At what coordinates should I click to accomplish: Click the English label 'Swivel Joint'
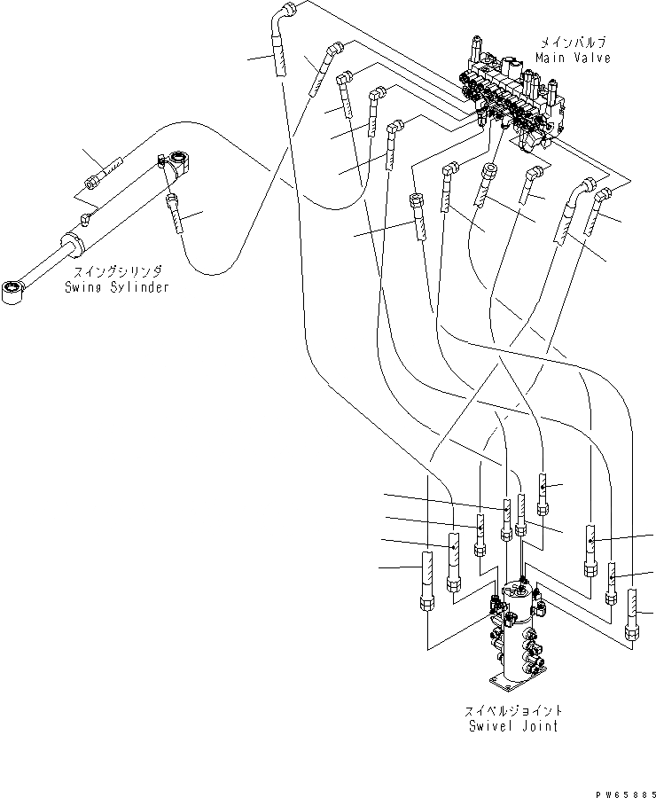(514, 725)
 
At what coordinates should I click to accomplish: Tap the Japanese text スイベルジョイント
(514, 711)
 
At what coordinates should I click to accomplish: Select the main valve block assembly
(514, 98)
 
